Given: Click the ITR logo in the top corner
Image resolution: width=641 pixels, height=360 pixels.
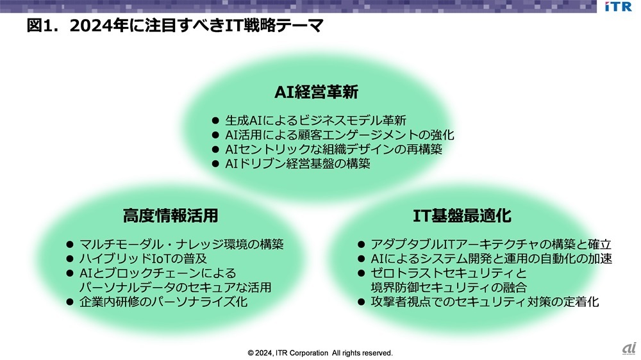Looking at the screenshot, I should pos(617,7).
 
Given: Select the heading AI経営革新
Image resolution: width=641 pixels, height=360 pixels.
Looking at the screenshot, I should pos(316,92).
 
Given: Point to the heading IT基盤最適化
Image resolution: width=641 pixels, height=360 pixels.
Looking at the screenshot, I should pos(462,215).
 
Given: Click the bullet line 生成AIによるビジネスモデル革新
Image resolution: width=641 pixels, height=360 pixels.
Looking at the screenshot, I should pos(316,120).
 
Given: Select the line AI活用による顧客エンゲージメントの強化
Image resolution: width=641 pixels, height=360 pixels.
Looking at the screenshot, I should pos(339,135).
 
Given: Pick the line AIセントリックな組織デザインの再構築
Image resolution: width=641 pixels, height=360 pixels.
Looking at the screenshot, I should pos(333,149).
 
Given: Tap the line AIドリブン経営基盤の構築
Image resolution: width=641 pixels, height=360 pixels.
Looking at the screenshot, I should pos(297,164).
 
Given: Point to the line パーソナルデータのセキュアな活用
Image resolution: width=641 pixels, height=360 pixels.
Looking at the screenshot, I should pos(175,287).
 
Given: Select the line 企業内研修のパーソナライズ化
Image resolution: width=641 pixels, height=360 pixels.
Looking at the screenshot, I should pos(163,302).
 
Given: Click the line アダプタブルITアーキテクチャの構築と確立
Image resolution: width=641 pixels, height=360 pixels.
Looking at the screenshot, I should pos(491,244).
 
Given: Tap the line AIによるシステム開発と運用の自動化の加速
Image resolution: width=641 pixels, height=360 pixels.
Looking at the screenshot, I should pos(492,259).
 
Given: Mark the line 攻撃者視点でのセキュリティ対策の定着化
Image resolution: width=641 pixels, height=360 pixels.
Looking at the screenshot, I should pos(485,302).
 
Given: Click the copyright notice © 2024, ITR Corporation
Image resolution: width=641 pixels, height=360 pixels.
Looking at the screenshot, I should pos(320,353).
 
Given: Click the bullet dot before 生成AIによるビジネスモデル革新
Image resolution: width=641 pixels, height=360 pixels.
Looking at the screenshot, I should pos(215,120).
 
